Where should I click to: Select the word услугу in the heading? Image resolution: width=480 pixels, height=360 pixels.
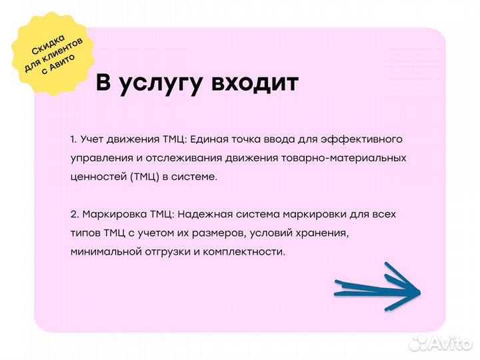coord(163,83)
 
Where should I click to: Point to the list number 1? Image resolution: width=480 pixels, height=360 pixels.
coord(73,139)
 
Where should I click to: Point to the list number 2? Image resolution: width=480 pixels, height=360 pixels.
coord(74,215)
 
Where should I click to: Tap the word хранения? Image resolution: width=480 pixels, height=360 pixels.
coord(323,233)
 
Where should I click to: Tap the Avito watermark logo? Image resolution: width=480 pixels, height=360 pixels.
coord(440,343)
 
